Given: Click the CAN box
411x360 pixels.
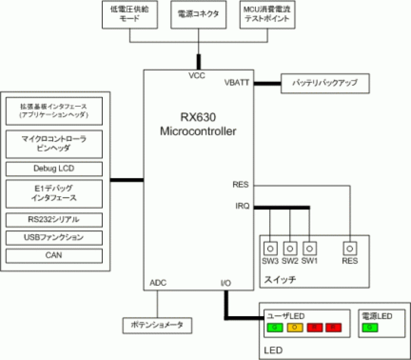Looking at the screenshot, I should point(54,256).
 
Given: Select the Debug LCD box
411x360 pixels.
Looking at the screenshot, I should point(54,169).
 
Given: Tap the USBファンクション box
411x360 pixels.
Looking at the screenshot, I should point(54,237).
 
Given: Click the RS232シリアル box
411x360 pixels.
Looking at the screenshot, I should point(54,220).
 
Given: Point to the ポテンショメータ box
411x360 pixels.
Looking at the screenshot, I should point(157,325).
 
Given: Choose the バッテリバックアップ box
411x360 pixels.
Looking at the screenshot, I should point(325,84).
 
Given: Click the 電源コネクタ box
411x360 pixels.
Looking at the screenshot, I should point(198,15).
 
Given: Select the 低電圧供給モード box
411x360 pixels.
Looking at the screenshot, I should point(130,15).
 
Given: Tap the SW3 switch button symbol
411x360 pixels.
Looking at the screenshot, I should point(270,249).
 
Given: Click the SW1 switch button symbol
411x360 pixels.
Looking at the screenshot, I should point(309,249).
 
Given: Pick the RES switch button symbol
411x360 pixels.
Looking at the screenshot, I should point(350,249).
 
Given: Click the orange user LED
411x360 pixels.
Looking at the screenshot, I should point(295,327).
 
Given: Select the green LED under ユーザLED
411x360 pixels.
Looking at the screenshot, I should point(275,327).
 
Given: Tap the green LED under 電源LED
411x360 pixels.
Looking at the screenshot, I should point(370,327).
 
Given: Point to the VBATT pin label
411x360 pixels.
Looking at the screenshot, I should point(237,83).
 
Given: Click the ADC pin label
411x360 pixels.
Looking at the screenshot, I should point(158,283).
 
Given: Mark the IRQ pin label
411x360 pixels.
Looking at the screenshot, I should point(242,206).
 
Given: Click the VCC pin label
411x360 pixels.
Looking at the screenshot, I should point(197,76).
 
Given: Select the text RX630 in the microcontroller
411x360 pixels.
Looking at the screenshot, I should point(198,117).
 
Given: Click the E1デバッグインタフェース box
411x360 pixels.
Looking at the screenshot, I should point(54,193).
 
